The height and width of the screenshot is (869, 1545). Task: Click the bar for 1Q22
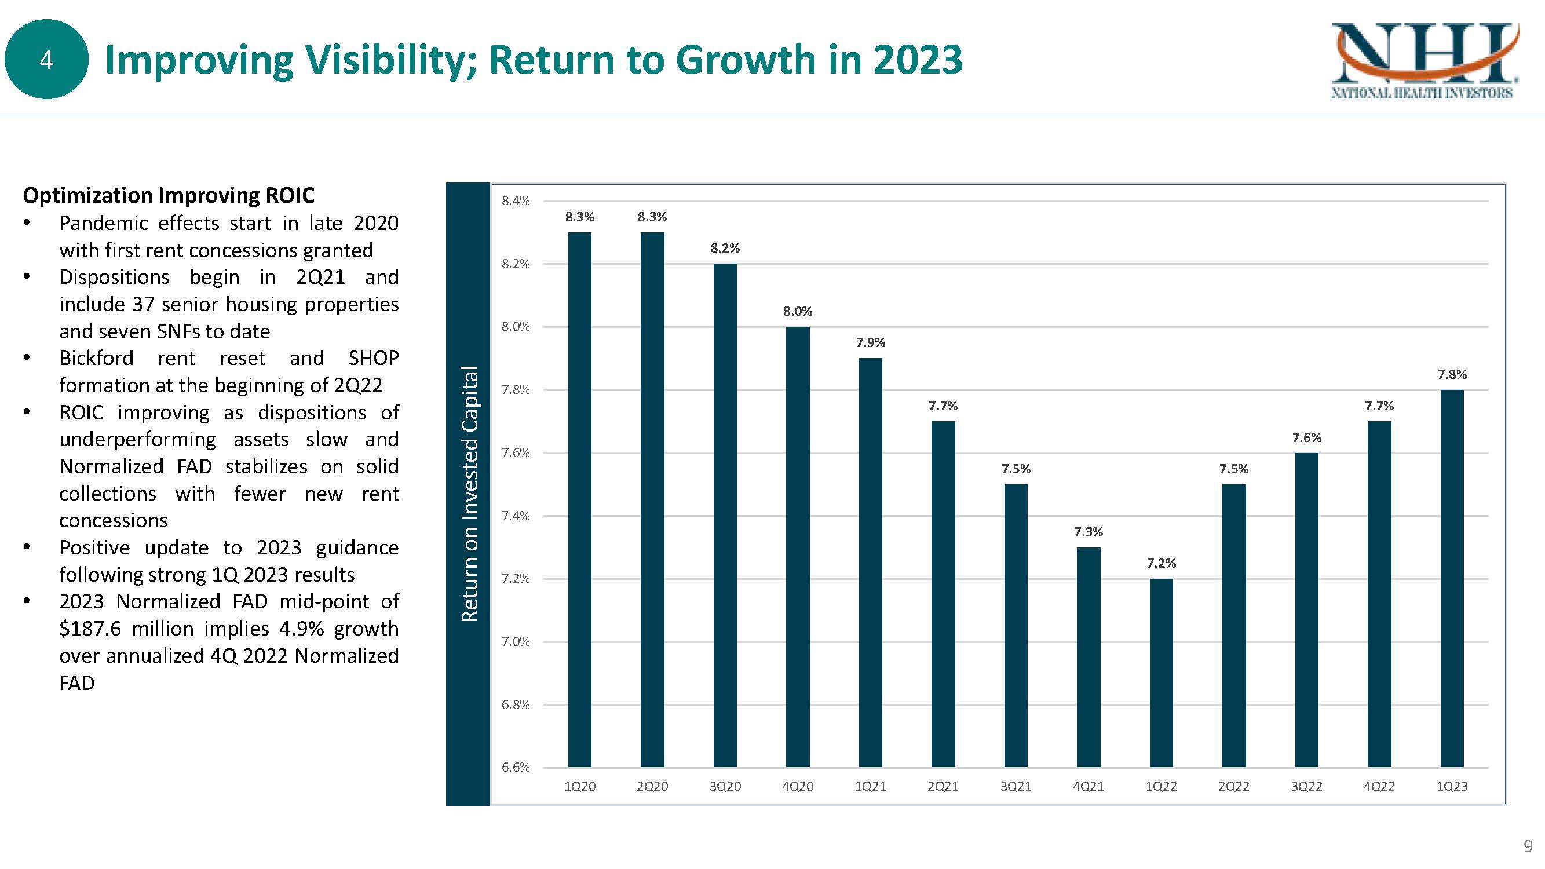pyautogui.click(x=1161, y=672)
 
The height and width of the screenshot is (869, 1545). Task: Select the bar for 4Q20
pyautogui.click(x=798, y=546)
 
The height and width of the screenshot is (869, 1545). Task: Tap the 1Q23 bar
pyautogui.click(x=1452, y=578)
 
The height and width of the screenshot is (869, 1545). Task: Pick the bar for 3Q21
pyautogui.click(x=1016, y=625)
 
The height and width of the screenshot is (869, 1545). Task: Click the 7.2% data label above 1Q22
pyautogui.click(x=1161, y=563)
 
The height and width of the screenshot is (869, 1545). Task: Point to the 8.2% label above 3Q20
pyautogui.click(x=725, y=249)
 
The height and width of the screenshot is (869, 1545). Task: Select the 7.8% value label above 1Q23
pyautogui.click(x=1452, y=374)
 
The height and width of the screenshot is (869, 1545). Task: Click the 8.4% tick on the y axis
pyautogui.click(x=516, y=201)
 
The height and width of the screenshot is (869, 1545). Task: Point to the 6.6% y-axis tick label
pyautogui.click(x=516, y=767)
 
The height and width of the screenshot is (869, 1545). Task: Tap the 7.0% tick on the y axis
pyautogui.click(x=516, y=642)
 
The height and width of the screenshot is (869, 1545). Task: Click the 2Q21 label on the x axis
pyautogui.click(x=943, y=786)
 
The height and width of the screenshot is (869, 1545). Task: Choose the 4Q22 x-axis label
pyautogui.click(x=1379, y=786)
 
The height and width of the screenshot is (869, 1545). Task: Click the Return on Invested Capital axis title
pyautogui.click(x=470, y=493)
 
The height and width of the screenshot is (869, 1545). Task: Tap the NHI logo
pyautogui.click(x=1425, y=60)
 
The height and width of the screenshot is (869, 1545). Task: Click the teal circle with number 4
pyautogui.click(x=46, y=59)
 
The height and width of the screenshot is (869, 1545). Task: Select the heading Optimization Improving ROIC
pyautogui.click(x=169, y=195)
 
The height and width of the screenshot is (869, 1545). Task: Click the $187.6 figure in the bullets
pyautogui.click(x=90, y=629)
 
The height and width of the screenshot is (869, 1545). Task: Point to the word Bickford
pyautogui.click(x=97, y=358)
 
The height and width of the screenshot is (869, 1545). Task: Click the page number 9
pyautogui.click(x=1528, y=846)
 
